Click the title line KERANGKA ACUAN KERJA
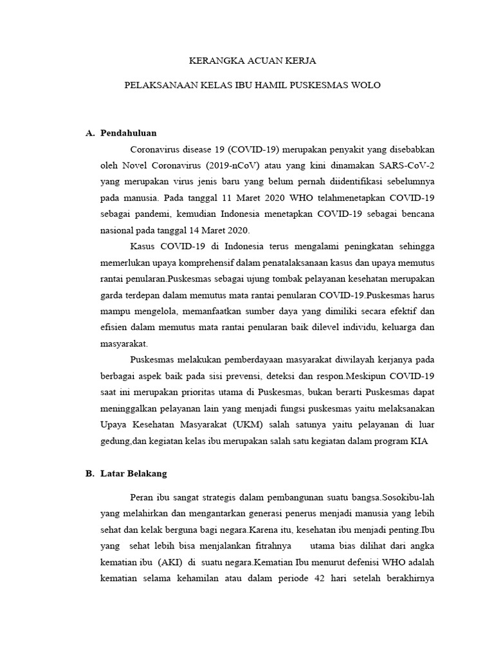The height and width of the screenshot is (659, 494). [x=252, y=61]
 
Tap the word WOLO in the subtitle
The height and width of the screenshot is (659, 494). [x=367, y=85]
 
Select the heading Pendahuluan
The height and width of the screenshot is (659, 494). [x=129, y=133]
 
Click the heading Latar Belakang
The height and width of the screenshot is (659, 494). [x=134, y=473]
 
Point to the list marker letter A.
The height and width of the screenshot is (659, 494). [x=89, y=133]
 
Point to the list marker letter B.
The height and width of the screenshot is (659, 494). [x=89, y=473]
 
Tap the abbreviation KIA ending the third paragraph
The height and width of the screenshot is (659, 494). [x=418, y=441]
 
